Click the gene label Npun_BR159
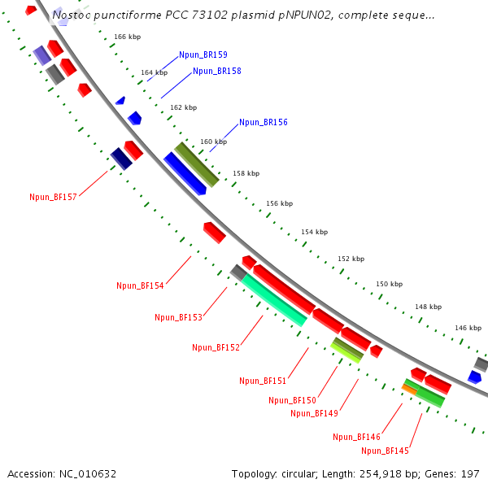point(203,54)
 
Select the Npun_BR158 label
point(216,71)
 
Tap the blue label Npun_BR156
point(263,123)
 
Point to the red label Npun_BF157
point(53,197)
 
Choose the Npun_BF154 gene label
point(140,285)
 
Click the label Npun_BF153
point(178,317)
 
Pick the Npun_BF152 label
point(216,347)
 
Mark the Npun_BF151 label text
point(263,380)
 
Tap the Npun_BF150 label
point(292,400)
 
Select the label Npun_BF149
point(314,413)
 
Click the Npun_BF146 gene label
point(356,437)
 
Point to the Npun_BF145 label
point(385,451)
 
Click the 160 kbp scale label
point(213,142)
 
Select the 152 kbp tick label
point(351,259)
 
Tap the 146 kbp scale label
point(468,328)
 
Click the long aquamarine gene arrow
point(274,299)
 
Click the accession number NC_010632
point(62,473)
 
